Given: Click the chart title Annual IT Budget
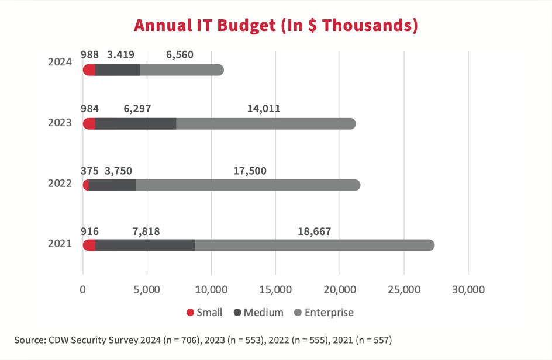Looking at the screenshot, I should pos(275,25).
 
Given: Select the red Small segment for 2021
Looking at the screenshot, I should pos(89,245).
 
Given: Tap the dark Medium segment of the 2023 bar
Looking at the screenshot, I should pos(136,124).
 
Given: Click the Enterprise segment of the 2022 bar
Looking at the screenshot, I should pos(247,185).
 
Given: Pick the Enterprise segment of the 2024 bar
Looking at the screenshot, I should pos(181,70).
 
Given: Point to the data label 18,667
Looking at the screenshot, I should pos(314,231).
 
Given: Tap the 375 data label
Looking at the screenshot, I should pos(89,171).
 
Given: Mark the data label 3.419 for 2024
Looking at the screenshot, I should pos(120,55).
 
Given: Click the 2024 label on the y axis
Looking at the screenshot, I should pos(60,62).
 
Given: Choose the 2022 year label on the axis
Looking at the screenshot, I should pos(60,183).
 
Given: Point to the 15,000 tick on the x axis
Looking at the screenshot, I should pos(275,289).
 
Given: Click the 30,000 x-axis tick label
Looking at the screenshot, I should pos(468,289).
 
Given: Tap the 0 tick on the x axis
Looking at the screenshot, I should pos(83,289).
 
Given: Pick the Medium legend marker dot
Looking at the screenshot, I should pos(237,313).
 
